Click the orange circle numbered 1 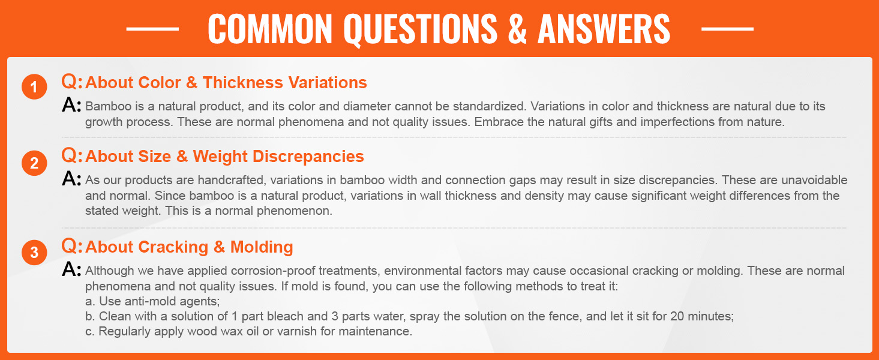[x=34, y=86]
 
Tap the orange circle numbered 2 [x=34, y=163]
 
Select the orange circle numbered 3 [x=34, y=252]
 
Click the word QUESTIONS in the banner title [x=421, y=29]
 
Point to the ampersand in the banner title [x=517, y=29]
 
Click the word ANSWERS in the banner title [x=604, y=29]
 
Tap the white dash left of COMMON [x=152, y=29]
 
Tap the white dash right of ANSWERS [x=727, y=29]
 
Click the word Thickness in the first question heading [x=243, y=82]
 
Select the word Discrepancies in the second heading [x=308, y=157]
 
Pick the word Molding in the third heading [x=262, y=247]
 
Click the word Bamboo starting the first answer [x=103, y=106]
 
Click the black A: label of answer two [x=71, y=179]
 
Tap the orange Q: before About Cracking [x=72, y=246]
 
